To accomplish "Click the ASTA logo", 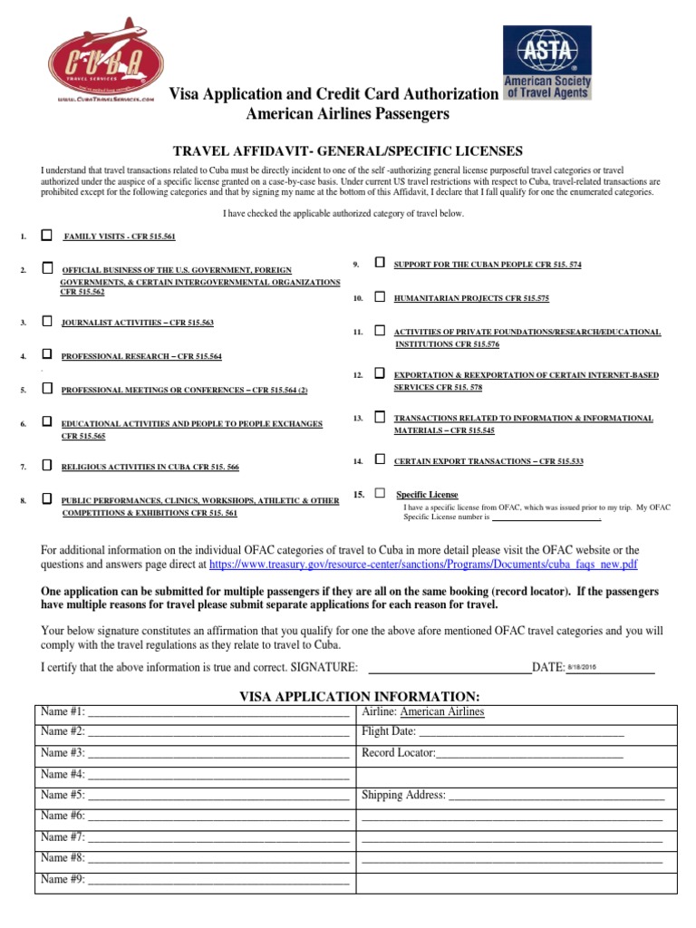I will [546, 62].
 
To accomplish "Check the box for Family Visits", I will [47, 236].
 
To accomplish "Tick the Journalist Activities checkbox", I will [47, 322].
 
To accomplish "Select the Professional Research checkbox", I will [47, 355].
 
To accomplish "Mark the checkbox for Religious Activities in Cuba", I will [47, 466].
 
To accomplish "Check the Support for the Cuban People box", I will [379, 263].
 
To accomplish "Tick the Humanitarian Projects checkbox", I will [379, 296].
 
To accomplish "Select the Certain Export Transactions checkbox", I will [379, 460].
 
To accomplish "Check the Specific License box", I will [380, 493].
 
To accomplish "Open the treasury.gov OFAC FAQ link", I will [423, 564].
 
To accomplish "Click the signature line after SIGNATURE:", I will [446, 668].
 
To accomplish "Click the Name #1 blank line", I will [218, 712].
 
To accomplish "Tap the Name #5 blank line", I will [218, 796].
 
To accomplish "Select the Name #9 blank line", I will [218, 879].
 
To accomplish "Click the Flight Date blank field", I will [521, 732].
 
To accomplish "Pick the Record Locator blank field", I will [529, 753].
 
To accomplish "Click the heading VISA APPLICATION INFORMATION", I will [359, 695].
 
